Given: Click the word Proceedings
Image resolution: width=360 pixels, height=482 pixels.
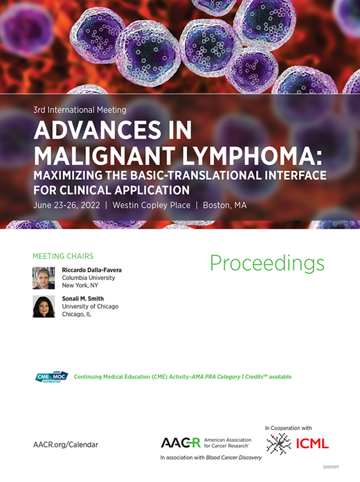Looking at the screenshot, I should [267, 263].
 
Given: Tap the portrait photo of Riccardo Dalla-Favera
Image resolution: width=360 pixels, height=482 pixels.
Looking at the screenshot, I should [44, 278].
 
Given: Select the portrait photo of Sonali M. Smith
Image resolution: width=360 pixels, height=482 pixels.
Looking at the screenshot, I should [44, 307].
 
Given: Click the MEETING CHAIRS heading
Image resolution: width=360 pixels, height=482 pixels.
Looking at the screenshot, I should [63, 256].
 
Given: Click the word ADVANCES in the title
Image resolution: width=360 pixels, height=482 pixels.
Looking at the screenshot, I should [93, 130].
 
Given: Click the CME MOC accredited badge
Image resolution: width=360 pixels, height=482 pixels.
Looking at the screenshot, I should [51, 377].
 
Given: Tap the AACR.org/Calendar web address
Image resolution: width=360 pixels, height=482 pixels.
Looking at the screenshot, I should [65, 444].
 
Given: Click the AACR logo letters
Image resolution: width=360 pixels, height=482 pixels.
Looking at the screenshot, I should [180, 443].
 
